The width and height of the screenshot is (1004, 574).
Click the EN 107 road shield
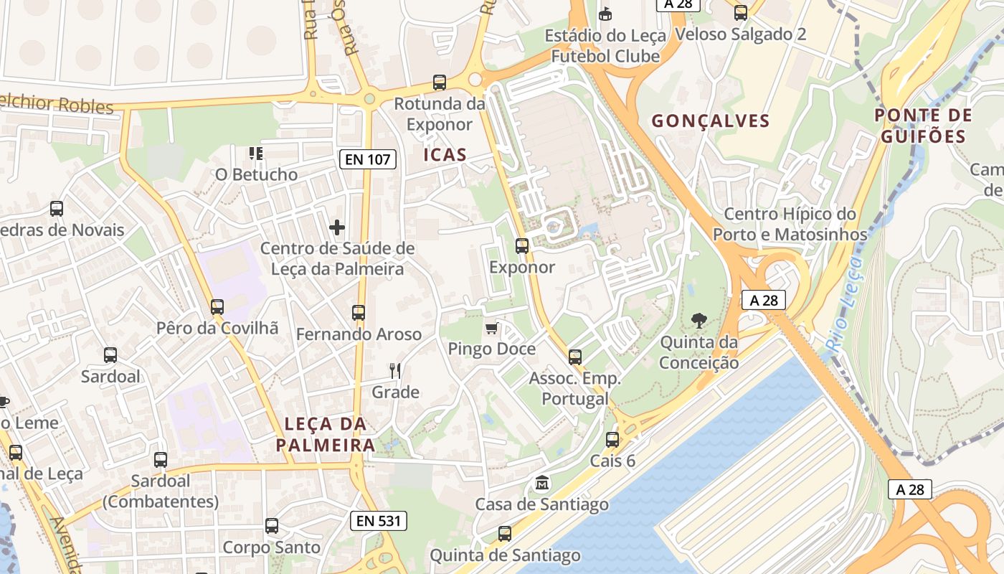368,159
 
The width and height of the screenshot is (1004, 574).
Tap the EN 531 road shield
379,521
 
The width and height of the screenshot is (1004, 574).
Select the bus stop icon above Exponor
522,246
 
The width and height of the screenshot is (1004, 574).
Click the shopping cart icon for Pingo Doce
491,329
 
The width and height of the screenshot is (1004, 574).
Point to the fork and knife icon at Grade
395,371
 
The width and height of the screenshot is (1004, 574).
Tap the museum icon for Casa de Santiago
542,483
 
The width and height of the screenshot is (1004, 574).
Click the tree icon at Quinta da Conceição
698,321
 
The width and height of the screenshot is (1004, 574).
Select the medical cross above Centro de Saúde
337,228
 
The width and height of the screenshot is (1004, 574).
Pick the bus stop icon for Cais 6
612,440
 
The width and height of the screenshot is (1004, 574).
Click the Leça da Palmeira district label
326,434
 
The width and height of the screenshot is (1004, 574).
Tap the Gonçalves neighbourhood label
711,121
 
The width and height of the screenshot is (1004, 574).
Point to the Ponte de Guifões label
924,126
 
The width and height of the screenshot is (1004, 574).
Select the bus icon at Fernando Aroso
359,313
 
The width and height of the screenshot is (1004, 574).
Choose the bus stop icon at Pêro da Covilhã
217,307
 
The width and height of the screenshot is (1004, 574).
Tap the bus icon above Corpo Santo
272,526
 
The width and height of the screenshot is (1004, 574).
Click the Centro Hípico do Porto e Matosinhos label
790,224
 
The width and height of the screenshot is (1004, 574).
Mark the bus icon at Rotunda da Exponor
440,83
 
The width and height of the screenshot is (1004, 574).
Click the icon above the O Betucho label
256,153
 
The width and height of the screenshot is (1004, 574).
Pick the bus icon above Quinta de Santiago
505,534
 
